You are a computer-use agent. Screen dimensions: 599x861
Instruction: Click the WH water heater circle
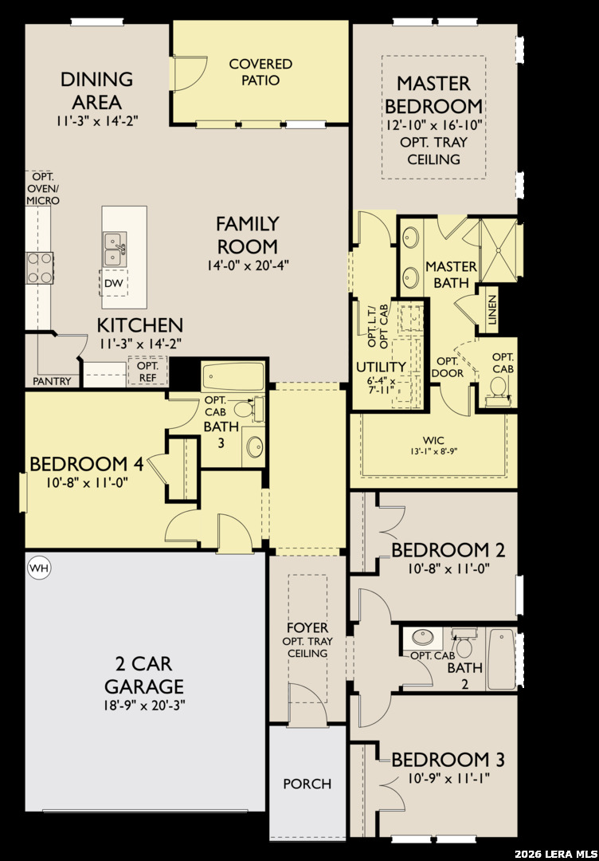[39, 568]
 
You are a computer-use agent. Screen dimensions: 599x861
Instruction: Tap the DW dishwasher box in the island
[114, 283]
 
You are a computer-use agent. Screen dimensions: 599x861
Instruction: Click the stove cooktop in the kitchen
[40, 268]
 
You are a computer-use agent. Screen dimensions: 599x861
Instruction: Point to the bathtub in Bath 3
[233, 376]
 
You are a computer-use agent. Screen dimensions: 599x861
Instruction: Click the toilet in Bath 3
[248, 408]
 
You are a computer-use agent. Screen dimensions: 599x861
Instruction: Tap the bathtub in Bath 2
[502, 659]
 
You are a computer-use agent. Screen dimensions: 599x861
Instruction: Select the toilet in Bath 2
[463, 644]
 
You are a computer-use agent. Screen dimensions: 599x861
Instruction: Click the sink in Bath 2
[423, 637]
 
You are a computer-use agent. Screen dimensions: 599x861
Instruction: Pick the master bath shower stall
[499, 250]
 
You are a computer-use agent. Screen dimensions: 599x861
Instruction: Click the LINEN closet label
[491, 310]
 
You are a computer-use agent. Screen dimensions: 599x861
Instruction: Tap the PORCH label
[307, 784]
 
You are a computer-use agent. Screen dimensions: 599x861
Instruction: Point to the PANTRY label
[52, 381]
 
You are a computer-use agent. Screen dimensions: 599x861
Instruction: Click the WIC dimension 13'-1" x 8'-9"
[433, 452]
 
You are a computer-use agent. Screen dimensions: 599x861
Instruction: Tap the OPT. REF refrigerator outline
[147, 371]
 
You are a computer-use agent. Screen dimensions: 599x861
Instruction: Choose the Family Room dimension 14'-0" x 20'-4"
[248, 265]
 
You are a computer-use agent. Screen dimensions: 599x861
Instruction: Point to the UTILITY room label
[381, 367]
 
